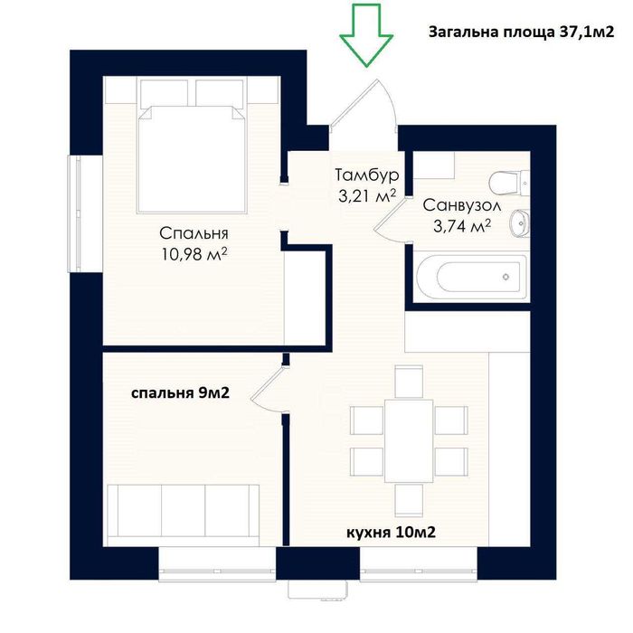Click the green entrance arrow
[x=366, y=34]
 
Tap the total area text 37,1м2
[x=586, y=32]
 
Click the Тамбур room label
[x=367, y=175]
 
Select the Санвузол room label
[x=462, y=205]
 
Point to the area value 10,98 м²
[x=194, y=254]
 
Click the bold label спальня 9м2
[x=181, y=392]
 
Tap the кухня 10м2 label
[x=392, y=533]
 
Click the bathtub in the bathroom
[x=471, y=277]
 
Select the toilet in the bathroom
[x=508, y=183]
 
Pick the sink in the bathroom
[x=520, y=223]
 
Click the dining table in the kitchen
[x=409, y=441]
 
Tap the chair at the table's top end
[x=409, y=382]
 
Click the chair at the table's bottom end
[x=409, y=501]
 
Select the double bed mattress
[x=192, y=159]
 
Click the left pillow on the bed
[x=165, y=93]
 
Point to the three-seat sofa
[x=184, y=515]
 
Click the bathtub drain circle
[x=505, y=277]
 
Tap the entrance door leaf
[x=354, y=102]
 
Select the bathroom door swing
[x=388, y=221]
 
